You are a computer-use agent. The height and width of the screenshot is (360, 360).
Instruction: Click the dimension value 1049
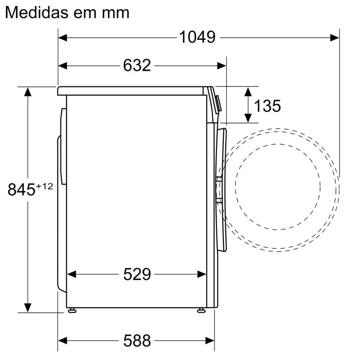197,37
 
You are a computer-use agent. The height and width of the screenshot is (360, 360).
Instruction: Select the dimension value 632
137,66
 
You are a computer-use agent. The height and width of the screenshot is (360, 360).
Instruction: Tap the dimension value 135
267,106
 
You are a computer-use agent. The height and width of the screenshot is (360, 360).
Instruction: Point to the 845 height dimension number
21,190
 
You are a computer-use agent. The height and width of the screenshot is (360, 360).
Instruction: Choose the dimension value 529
137,275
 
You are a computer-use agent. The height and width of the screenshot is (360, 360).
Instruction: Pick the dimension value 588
137,340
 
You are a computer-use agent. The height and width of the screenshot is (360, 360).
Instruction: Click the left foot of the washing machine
72,310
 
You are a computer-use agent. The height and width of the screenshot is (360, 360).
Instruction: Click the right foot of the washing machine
201,310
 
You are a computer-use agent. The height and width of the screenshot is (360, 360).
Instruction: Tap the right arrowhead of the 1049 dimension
335,37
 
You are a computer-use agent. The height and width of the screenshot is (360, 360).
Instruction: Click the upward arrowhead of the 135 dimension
248,91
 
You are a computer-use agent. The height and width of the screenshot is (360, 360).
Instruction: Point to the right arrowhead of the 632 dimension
221,66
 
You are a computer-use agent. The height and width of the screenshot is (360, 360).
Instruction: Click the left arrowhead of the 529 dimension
72,275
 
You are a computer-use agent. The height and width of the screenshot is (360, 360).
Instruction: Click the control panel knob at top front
218,103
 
